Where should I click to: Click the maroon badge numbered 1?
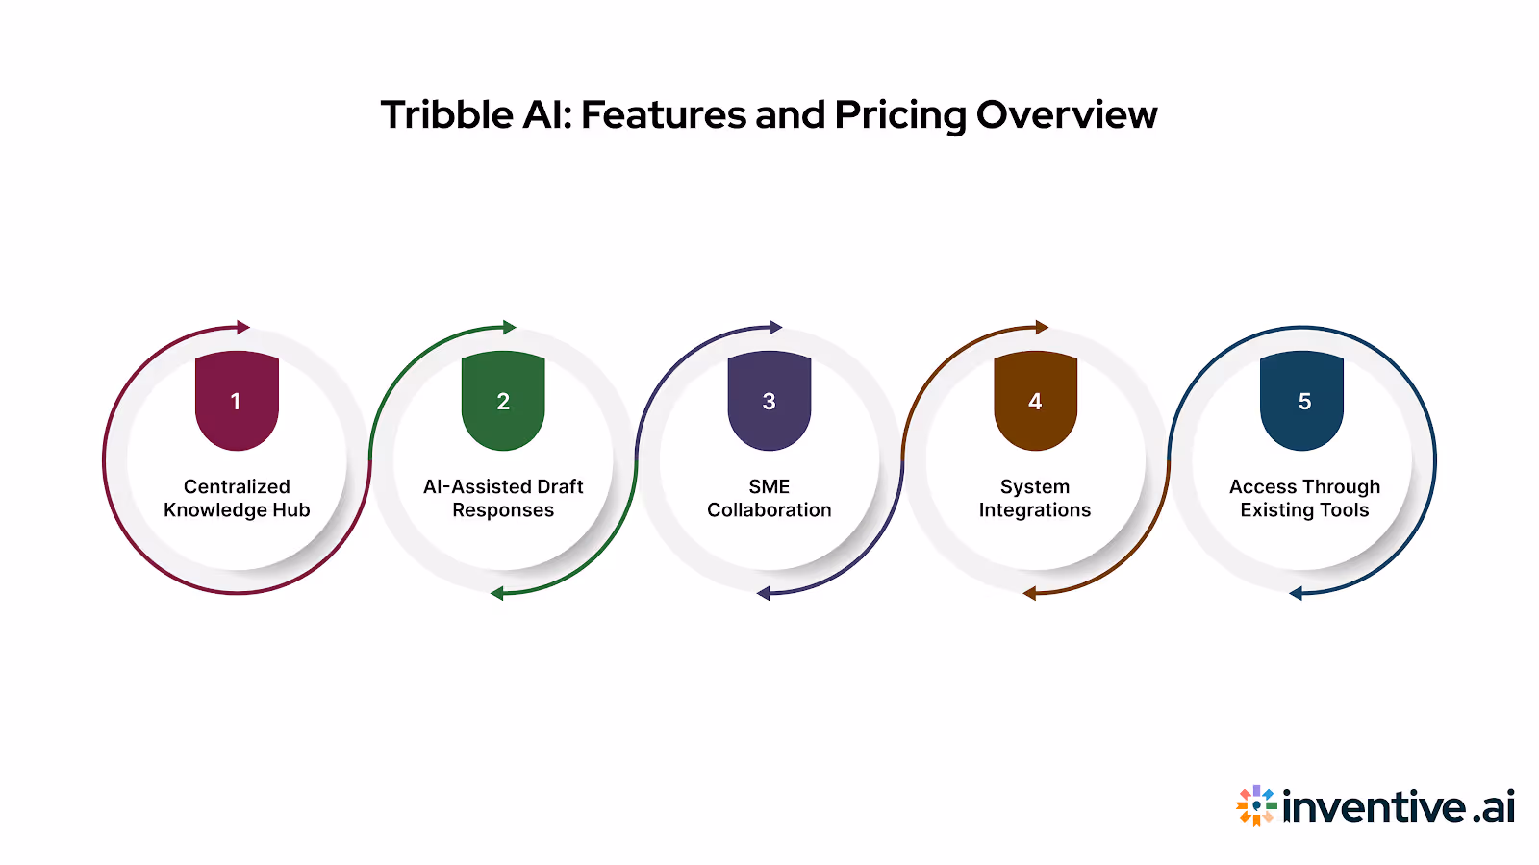tap(237, 400)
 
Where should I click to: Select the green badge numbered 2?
tap(503, 400)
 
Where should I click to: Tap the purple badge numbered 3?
tap(769, 400)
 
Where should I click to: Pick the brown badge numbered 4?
tap(1035, 400)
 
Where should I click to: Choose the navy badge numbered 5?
tap(1301, 400)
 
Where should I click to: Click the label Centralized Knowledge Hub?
tap(237, 498)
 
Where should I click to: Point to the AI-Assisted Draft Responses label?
tap(503, 498)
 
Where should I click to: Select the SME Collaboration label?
tap(769, 498)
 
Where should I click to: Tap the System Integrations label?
tap(1035, 498)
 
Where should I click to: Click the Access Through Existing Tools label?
tap(1304, 498)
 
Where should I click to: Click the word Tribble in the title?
tap(447, 115)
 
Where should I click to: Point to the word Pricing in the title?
tap(900, 116)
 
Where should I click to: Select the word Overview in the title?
tap(1067, 115)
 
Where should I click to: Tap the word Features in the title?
tap(663, 115)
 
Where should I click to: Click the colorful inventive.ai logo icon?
tap(1256, 805)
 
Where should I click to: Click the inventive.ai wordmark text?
tap(1399, 807)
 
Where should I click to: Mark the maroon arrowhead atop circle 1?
tap(243, 328)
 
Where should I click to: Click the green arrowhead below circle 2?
tap(496, 593)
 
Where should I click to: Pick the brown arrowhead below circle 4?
tap(1029, 593)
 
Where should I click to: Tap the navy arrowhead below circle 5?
tap(1296, 593)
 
